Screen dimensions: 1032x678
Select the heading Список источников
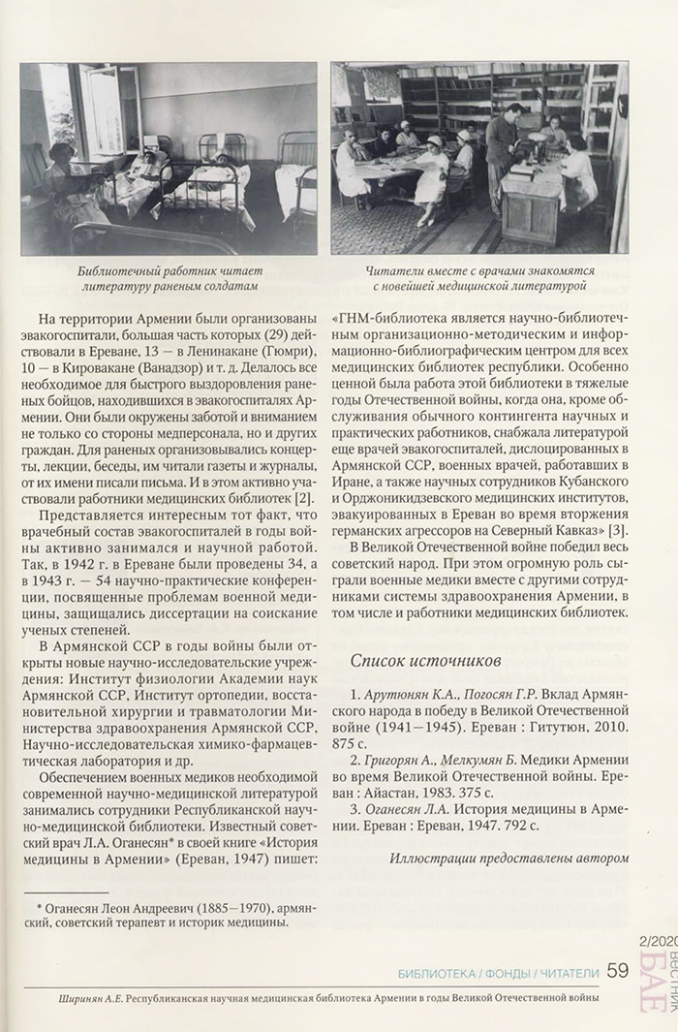[x=425, y=661]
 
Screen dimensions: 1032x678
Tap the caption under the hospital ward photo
[x=169, y=281]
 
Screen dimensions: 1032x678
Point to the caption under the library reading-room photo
[x=478, y=281]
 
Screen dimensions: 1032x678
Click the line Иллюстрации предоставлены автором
[x=509, y=858]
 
